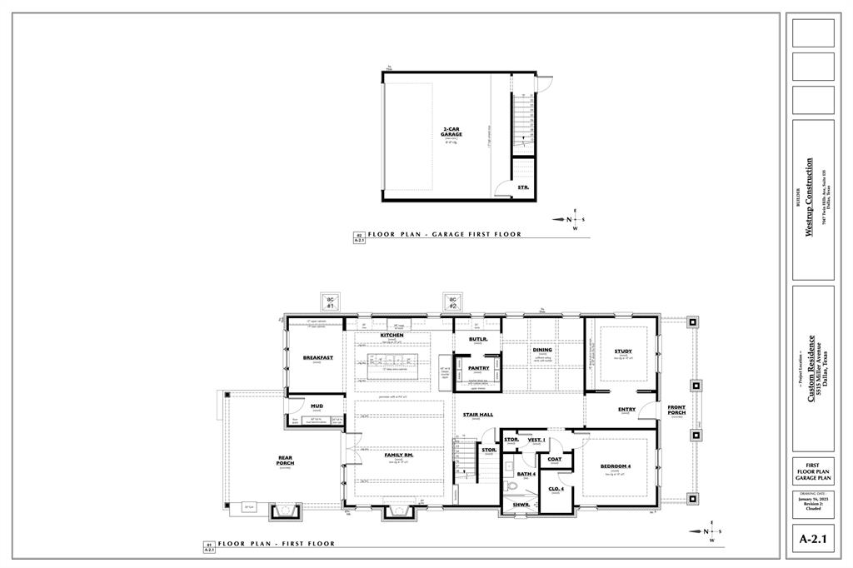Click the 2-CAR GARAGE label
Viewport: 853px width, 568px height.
point(451,132)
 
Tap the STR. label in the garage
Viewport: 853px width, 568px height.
point(523,188)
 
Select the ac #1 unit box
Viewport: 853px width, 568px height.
point(330,303)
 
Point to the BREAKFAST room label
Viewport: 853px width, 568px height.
point(317,357)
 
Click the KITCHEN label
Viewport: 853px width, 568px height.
point(392,335)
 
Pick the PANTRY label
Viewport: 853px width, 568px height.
point(478,367)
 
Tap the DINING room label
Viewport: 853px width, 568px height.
point(542,350)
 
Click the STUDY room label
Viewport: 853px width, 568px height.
point(623,351)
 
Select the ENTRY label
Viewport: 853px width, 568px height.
point(627,409)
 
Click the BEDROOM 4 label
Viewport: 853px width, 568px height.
point(616,466)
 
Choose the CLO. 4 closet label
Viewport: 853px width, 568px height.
point(556,488)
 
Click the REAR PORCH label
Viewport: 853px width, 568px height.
point(285,461)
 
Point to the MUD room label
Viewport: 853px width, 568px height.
point(317,406)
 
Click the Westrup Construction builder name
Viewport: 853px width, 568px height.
point(809,197)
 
